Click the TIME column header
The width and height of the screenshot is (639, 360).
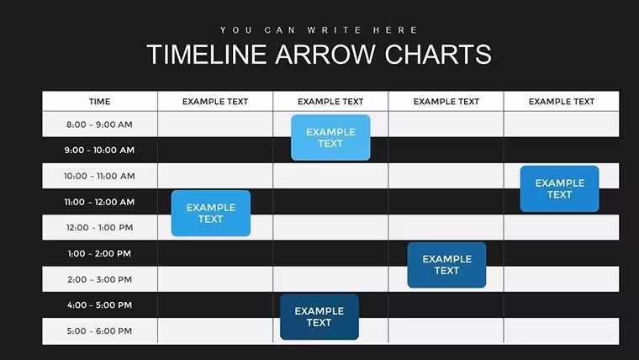[x=100, y=102]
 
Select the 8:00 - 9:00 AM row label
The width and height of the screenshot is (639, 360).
[x=99, y=124]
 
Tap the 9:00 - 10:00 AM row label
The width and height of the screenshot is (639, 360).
[x=99, y=150]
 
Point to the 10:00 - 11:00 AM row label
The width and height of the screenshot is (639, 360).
[x=99, y=176]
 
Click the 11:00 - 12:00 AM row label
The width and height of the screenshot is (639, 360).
[x=99, y=202]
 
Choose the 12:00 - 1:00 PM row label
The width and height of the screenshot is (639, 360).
[x=99, y=227]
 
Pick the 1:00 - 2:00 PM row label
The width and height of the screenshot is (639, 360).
[x=99, y=253]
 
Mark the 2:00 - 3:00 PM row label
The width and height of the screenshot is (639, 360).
[x=99, y=279]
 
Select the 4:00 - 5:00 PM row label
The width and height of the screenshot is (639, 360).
[x=99, y=305]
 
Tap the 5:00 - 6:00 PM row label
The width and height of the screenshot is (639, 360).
[x=99, y=331]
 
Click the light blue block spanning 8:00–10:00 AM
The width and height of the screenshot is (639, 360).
[x=330, y=137]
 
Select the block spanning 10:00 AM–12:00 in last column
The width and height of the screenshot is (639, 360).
[x=559, y=188]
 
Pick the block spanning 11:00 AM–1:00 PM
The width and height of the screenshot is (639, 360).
[x=211, y=214]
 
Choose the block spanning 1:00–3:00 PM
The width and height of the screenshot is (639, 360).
[x=446, y=265]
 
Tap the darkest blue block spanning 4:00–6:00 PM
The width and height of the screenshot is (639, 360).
[x=319, y=317]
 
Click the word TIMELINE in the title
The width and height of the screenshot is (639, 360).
[x=207, y=54]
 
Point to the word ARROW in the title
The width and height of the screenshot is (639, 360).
[x=325, y=54]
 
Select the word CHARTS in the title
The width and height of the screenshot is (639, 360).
[x=438, y=54]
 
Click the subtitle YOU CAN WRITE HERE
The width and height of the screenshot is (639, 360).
[x=319, y=30]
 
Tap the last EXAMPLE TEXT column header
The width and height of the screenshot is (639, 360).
[x=562, y=102]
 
